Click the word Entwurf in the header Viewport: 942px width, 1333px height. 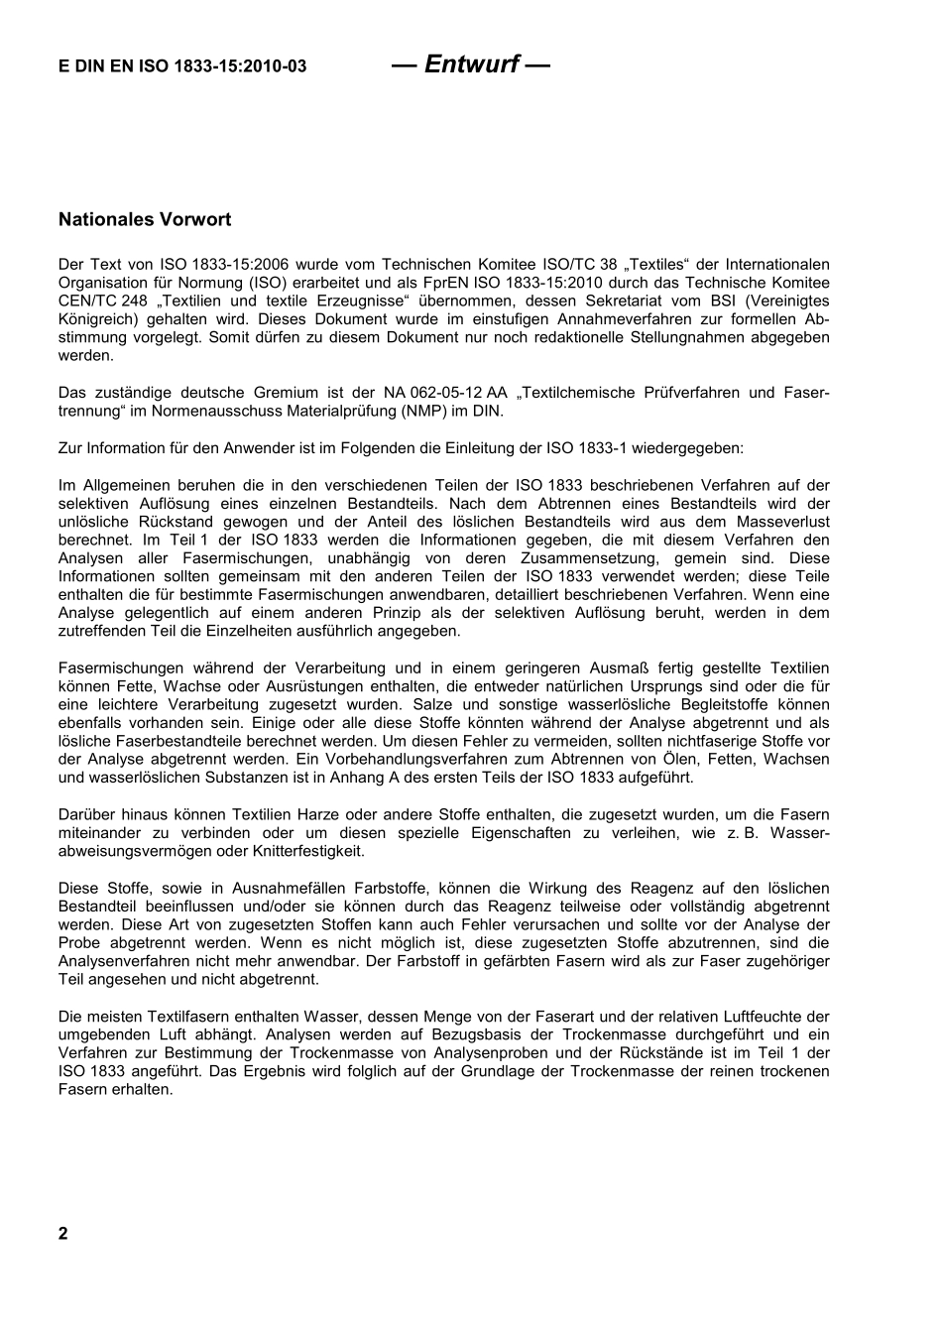(470, 64)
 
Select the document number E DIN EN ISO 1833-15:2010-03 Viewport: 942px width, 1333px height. (182, 66)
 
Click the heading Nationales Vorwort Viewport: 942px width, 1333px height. (145, 219)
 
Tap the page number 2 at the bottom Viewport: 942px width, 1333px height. (63, 1234)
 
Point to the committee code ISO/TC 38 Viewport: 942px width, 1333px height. (561, 264)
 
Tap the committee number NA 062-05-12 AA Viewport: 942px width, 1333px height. (438, 393)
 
